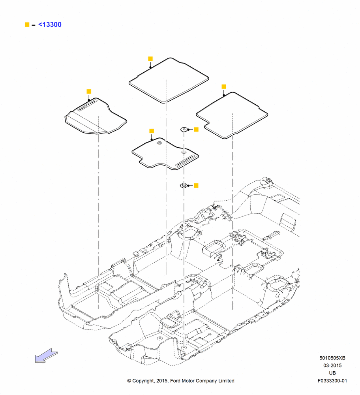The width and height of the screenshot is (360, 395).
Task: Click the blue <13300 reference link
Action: click(x=50, y=24)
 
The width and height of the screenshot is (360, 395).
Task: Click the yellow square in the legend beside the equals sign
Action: click(x=27, y=24)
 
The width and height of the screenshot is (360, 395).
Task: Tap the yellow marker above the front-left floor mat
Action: click(x=89, y=92)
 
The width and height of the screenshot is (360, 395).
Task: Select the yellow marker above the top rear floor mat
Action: click(x=150, y=59)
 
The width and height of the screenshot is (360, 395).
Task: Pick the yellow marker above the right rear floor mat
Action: click(x=224, y=87)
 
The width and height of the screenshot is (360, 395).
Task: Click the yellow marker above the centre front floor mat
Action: click(x=152, y=131)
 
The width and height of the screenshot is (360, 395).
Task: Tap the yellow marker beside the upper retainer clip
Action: click(x=196, y=130)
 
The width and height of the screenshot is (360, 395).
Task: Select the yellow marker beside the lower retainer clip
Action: click(x=196, y=186)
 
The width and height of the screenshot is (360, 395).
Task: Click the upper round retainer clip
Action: click(x=184, y=130)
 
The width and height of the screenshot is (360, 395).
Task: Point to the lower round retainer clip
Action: click(x=184, y=186)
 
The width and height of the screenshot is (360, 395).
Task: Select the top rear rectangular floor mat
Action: click(x=169, y=81)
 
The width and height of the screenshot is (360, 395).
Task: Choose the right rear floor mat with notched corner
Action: click(x=232, y=115)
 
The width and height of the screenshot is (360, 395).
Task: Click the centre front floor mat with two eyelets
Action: click(x=165, y=154)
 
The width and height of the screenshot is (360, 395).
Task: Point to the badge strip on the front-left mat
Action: click(x=87, y=105)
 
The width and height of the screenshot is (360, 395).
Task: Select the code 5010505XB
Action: click(x=332, y=358)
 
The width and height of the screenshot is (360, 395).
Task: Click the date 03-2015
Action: click(x=332, y=365)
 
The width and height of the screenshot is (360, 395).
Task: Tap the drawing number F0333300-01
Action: click(x=332, y=381)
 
